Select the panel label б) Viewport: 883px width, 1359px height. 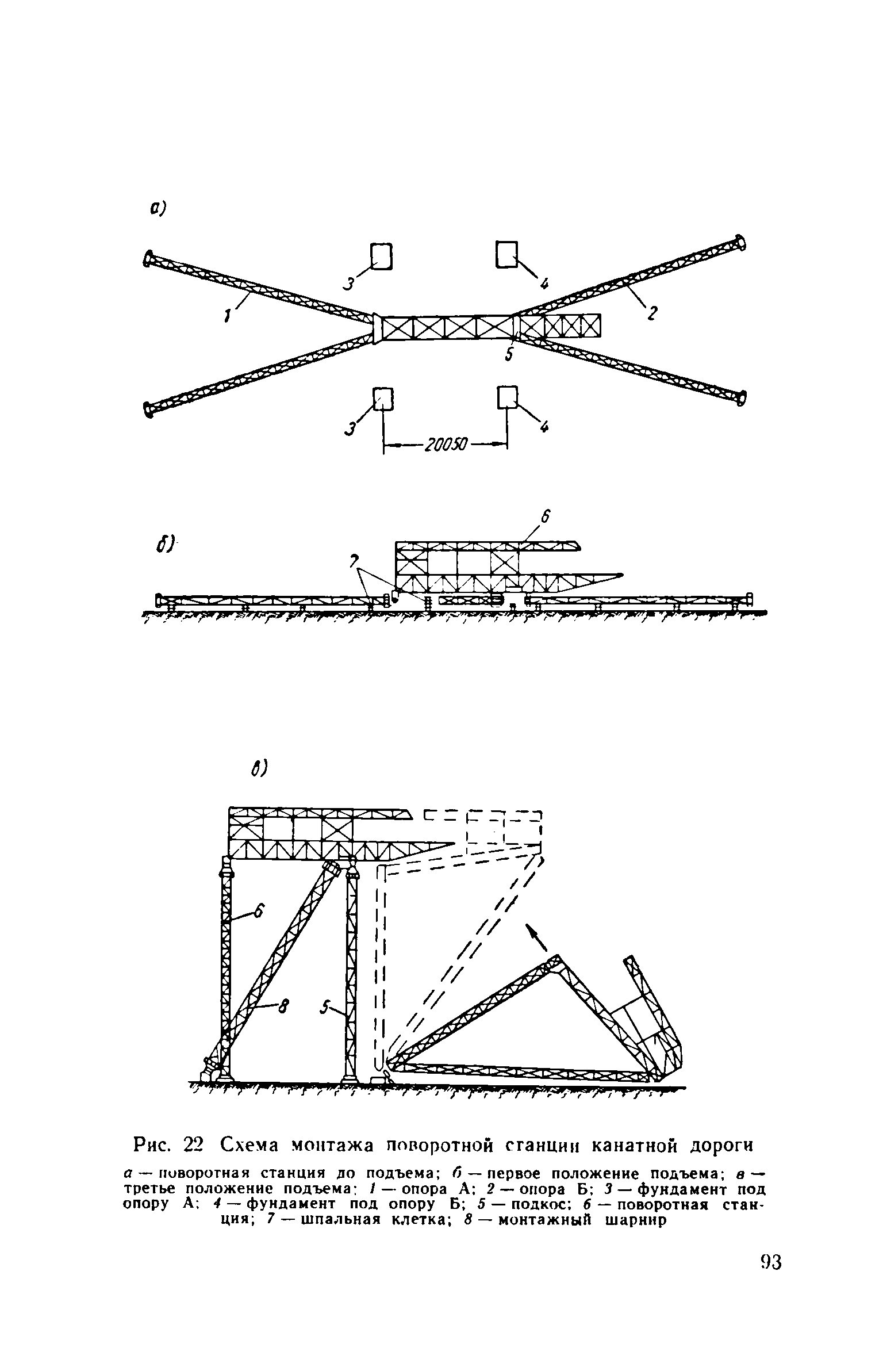point(167,543)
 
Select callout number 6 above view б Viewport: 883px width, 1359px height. point(546,518)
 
